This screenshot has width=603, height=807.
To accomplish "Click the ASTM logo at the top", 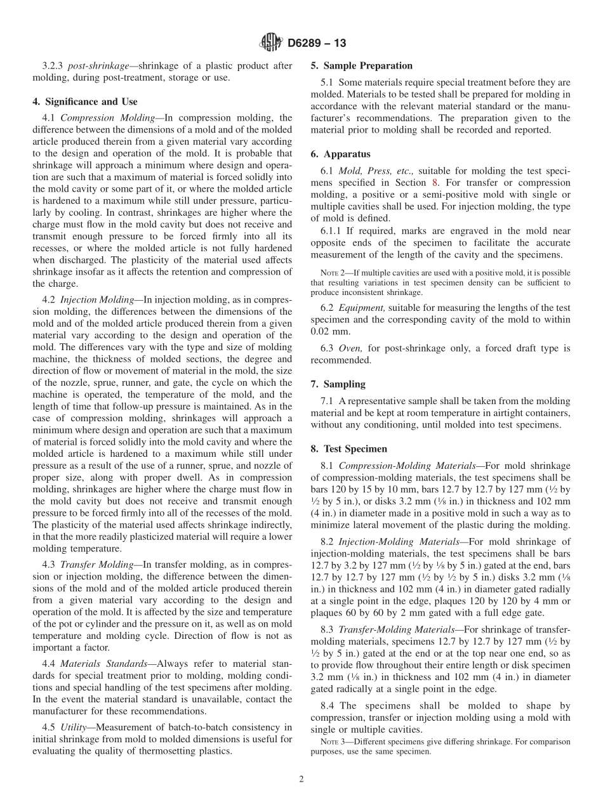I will tap(272, 43).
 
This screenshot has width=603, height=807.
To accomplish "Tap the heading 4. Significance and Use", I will tap(84, 102).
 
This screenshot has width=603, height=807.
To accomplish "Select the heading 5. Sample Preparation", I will tap(361, 65).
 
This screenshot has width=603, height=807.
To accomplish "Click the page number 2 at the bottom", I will tap(301, 780).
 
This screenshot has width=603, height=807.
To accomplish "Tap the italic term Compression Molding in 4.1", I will tap(104, 118).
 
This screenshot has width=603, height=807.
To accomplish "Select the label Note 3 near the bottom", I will tap(331, 742).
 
